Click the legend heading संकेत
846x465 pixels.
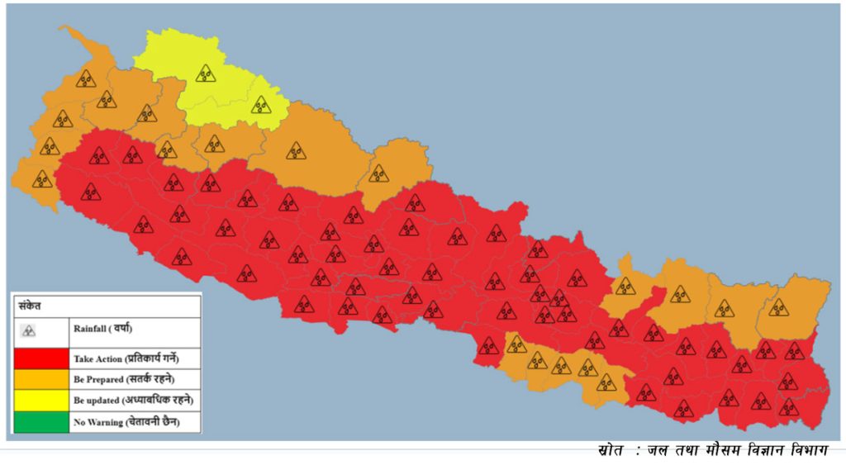pos(31,306)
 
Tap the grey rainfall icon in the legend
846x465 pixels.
pos(28,331)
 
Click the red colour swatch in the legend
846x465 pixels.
pos(40,359)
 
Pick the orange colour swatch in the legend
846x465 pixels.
pos(40,380)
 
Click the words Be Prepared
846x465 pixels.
pos(97,380)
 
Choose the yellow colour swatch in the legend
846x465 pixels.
pos(40,401)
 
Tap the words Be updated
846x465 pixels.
pos(95,401)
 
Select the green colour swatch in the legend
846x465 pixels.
pos(40,422)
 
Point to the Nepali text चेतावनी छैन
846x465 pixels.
pos(152,422)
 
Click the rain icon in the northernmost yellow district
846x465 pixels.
pos(205,74)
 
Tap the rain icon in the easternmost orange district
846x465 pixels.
pos(777,308)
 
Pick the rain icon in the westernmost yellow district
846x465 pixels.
pos(205,74)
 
